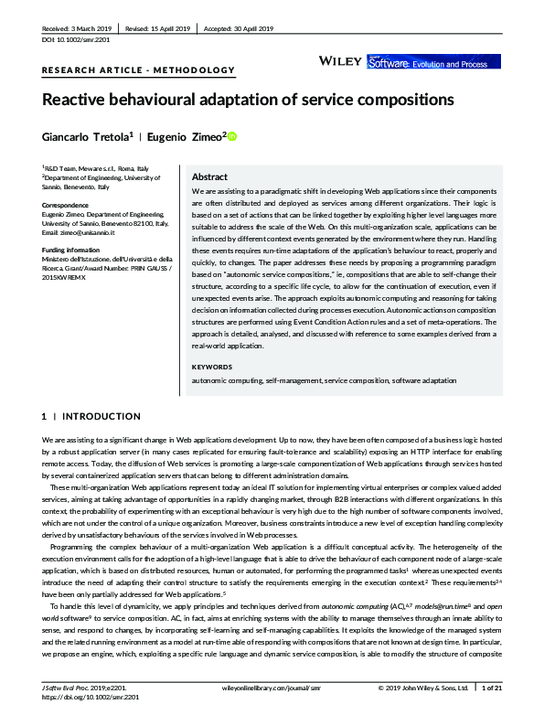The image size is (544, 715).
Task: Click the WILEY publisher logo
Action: point(340,60)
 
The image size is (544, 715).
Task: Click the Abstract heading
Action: point(210,176)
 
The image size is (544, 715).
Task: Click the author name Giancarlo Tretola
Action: point(86,137)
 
